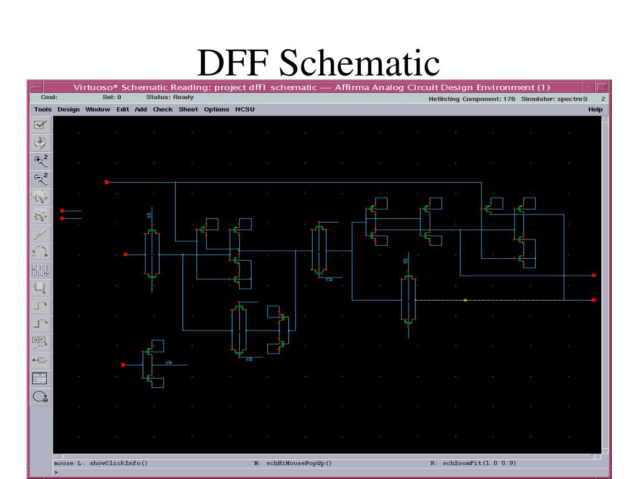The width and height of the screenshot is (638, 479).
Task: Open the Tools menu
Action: click(43, 109)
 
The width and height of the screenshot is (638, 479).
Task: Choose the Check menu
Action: click(163, 109)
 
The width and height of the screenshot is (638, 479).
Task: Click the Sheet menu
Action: click(188, 109)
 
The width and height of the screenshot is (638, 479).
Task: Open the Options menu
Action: click(217, 109)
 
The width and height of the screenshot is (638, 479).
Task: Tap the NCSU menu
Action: click(245, 109)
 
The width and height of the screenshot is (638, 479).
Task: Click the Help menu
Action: click(595, 109)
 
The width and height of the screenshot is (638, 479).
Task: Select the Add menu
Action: click(141, 109)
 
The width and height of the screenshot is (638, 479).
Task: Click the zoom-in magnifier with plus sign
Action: click(40, 160)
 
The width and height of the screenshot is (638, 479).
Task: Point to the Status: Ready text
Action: click(170, 97)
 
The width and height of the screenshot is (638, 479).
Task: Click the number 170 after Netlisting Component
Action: click(509, 99)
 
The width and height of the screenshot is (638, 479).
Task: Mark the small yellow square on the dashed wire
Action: click(465, 300)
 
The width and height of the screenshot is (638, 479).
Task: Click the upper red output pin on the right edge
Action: click(594, 275)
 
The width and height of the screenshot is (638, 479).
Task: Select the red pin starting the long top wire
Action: click(107, 182)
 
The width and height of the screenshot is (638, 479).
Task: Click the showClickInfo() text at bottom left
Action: click(119, 463)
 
